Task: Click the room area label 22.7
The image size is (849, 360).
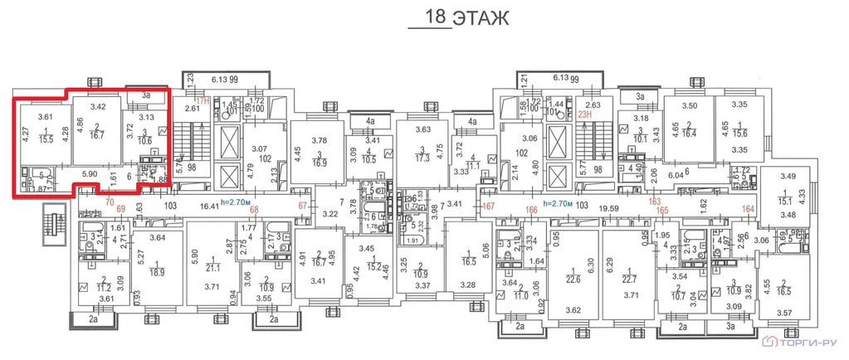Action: pos(628,280)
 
